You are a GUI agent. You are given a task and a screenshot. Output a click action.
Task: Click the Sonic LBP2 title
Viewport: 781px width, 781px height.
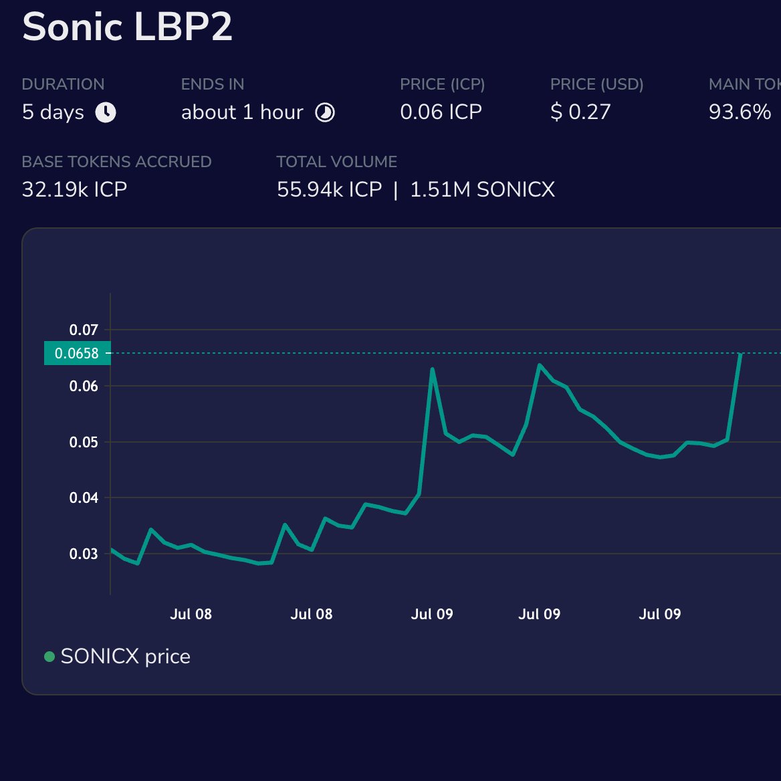[127, 27]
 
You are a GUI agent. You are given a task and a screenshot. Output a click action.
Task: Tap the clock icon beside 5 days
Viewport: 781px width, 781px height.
[106, 112]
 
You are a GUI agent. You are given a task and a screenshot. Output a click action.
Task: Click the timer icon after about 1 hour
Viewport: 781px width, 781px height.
[325, 112]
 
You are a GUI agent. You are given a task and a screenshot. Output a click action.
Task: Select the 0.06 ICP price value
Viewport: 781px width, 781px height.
[441, 112]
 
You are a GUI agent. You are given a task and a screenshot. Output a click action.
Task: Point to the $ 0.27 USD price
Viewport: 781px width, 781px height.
[580, 112]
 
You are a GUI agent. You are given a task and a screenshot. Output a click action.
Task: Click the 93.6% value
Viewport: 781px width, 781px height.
[740, 112]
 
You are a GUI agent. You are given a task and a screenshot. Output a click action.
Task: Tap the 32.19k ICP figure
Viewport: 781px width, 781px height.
[74, 189]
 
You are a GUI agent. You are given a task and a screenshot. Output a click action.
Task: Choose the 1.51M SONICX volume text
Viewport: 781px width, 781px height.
[482, 189]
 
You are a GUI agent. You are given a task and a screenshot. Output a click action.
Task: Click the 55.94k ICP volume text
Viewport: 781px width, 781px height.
[329, 189]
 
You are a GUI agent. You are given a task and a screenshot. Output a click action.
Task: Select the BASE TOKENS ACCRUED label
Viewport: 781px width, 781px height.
[116, 162]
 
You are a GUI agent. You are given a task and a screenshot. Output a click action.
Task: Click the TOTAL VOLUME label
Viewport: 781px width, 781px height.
[336, 162]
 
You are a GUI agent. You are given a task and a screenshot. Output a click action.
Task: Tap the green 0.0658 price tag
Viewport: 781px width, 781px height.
[76, 353]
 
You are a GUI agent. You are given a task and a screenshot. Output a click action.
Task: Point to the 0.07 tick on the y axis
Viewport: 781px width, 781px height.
[84, 330]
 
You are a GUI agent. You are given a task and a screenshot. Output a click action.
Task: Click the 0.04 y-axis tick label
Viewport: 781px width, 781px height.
[84, 497]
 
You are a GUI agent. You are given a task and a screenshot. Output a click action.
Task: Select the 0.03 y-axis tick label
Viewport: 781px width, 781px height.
[84, 554]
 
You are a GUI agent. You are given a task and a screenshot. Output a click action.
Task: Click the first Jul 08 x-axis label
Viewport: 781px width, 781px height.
[191, 614]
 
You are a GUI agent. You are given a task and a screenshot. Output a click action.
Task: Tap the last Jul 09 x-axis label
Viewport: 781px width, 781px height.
[659, 614]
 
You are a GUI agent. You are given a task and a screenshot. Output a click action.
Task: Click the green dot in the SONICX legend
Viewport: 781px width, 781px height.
[49, 657]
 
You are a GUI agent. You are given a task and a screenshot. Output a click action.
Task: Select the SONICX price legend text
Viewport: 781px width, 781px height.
[125, 657]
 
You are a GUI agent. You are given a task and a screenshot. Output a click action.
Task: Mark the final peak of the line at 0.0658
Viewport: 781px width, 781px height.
[740, 354]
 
